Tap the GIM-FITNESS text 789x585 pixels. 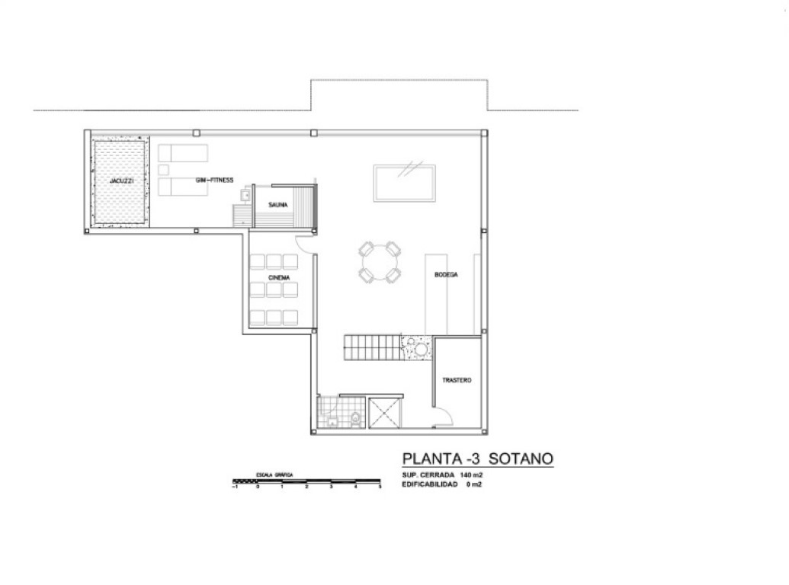[215, 181]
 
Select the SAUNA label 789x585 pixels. [277, 205]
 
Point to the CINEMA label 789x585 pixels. [278, 278]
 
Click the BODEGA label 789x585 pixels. [446, 275]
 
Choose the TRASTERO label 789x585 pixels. [457, 379]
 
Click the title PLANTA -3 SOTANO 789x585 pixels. [477, 459]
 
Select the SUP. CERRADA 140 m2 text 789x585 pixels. [443, 475]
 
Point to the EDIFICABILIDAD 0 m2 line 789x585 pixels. [441, 484]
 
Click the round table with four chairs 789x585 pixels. [379, 262]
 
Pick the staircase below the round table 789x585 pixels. [372, 350]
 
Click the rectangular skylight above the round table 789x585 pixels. [405, 183]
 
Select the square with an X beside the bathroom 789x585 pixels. [383, 415]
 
